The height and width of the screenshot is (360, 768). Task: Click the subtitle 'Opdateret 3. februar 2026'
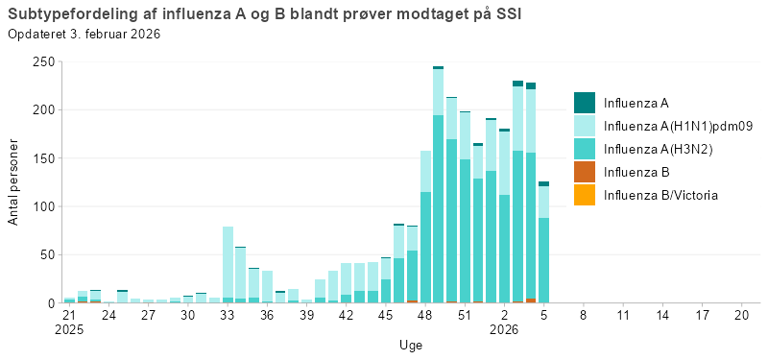(84, 34)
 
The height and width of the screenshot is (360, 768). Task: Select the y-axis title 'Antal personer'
(13, 181)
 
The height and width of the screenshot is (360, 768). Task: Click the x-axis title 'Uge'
(410, 345)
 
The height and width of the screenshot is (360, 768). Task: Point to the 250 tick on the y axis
(43, 61)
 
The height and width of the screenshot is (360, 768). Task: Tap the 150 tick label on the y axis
(43, 158)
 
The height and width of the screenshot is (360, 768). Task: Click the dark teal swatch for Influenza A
(585, 103)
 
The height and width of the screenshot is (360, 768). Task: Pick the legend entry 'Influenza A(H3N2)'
(659, 149)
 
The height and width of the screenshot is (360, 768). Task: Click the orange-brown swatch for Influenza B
(585, 172)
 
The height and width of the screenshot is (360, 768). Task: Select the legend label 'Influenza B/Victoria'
(660, 195)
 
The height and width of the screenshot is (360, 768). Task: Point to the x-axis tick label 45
(385, 315)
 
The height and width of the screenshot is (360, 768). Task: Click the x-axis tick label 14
(661, 315)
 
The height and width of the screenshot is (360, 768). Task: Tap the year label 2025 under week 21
(69, 329)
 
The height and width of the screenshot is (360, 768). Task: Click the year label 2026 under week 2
(504, 329)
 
